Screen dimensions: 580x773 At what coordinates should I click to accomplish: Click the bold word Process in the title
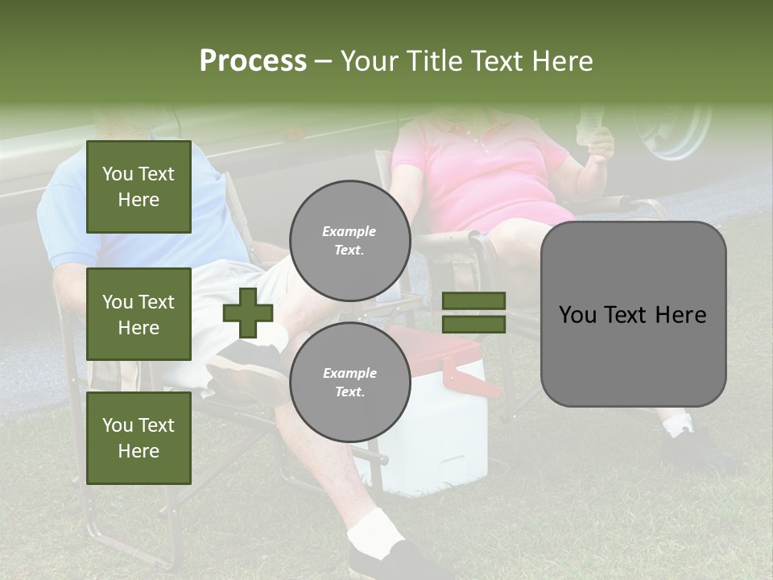pos(253,60)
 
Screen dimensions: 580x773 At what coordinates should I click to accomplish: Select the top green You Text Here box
pos(138,187)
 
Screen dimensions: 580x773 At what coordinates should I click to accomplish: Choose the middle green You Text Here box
pos(138,314)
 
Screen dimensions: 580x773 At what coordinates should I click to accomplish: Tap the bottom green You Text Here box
pos(138,437)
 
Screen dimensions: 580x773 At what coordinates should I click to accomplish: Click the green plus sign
pos(248,313)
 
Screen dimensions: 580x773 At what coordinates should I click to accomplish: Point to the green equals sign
pos(473,313)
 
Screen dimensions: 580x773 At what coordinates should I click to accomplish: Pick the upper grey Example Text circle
pos(349,240)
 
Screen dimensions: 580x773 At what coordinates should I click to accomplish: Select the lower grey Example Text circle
pos(349,382)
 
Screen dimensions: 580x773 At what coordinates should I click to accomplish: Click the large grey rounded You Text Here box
pos(633,314)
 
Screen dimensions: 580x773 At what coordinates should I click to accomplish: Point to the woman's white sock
pos(678,425)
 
